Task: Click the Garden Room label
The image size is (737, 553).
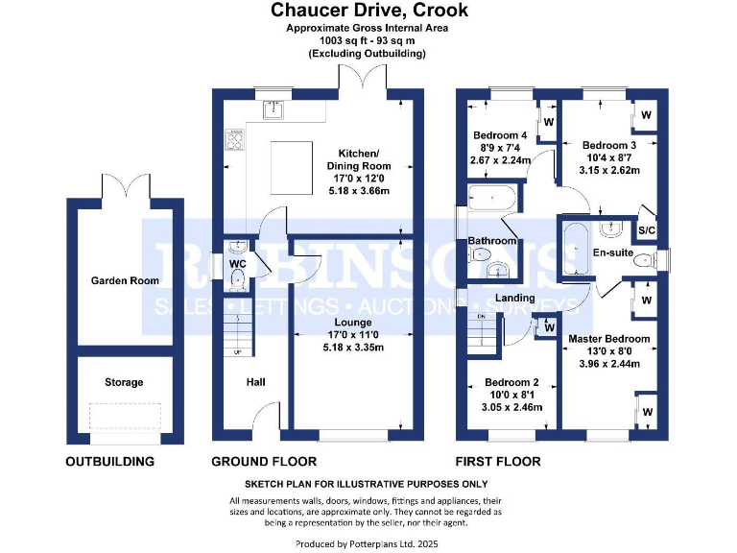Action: tap(125, 280)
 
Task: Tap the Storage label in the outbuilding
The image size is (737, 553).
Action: tap(124, 382)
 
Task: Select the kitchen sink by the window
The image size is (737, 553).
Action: tap(273, 110)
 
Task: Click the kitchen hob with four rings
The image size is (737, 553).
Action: tap(235, 139)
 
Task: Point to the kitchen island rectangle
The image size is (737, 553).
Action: tap(292, 168)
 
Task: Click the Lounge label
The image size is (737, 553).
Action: tap(353, 323)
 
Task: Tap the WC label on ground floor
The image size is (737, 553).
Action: tap(238, 264)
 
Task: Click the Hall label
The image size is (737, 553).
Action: tap(255, 382)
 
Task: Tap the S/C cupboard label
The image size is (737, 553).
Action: tap(646, 230)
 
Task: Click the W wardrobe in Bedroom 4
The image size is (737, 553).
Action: tap(549, 122)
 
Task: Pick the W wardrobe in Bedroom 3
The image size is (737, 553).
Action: tap(646, 115)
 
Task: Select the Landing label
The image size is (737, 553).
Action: tap(515, 298)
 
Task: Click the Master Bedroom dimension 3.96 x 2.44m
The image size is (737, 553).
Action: tap(609, 364)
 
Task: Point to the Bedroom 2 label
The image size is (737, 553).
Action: tap(511, 382)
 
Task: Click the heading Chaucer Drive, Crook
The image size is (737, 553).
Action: tap(369, 11)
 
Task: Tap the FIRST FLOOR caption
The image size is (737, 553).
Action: tap(498, 461)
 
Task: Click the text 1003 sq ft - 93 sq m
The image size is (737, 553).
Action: tap(368, 40)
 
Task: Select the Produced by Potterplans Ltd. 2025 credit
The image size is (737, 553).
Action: tap(367, 544)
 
